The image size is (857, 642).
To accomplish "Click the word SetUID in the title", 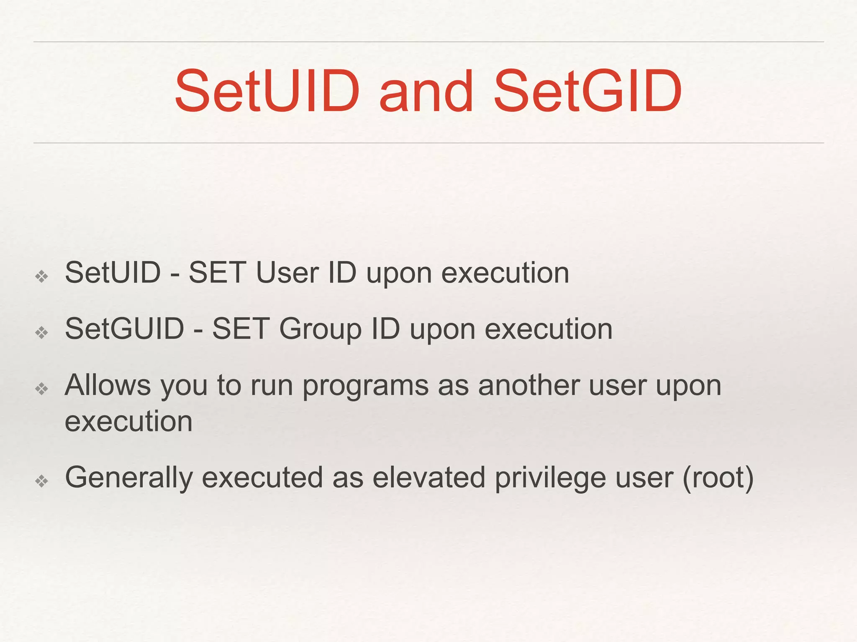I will [267, 92].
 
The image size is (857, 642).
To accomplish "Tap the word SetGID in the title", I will [588, 92].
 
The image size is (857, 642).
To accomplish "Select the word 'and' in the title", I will [426, 92].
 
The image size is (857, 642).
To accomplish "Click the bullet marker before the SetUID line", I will [42, 276].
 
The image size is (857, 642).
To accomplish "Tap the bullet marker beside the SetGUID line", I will [42, 333].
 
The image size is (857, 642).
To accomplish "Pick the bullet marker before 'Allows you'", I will [42, 389].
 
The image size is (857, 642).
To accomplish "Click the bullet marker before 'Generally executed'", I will [42, 481].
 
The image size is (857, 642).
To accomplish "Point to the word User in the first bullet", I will [287, 273].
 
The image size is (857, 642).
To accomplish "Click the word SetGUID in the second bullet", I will [124, 329].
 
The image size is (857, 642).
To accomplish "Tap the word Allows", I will [108, 385].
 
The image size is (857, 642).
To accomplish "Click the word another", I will [529, 385].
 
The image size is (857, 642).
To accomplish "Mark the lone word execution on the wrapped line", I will [128, 421].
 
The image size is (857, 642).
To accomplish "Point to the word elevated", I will [428, 477].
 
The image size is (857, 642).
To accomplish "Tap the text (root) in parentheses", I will [718, 478].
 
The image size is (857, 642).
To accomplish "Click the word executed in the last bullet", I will [262, 477].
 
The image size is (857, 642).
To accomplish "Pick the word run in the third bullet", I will [271, 386].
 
